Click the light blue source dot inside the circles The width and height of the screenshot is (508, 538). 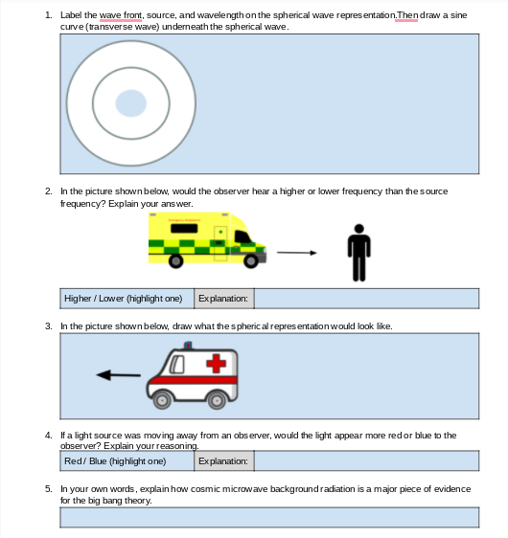131,103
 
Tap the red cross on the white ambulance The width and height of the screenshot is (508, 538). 216,364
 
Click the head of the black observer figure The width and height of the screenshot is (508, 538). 358,229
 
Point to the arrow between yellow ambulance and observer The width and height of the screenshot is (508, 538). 297,253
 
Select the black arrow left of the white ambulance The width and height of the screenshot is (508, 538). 118,375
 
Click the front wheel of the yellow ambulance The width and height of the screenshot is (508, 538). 251,261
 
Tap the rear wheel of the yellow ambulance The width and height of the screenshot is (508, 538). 175,261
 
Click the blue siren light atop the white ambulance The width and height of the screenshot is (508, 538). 188,346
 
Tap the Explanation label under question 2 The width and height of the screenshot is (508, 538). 223,299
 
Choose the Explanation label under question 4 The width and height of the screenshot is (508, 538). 223,461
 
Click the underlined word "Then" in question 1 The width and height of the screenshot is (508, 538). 407,15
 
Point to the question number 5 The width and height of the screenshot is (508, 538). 49,488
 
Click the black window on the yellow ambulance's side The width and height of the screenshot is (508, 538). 184,228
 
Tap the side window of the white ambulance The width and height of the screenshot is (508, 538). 177,364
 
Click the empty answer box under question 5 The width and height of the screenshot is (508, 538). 269,517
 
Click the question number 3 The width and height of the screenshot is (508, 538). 49,325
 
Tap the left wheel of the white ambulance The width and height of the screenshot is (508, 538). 162,400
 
